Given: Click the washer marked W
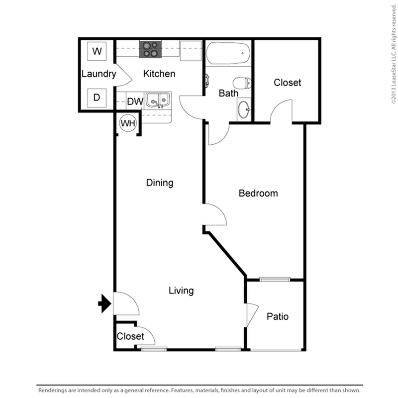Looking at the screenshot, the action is pos(97,51).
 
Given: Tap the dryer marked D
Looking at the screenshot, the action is pos(97,98).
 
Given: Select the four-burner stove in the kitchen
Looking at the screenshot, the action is pos(150,49).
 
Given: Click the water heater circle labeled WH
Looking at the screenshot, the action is pos(128,123).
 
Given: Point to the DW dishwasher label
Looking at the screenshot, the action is pos(135,102).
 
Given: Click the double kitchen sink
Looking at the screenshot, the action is pos(158,100).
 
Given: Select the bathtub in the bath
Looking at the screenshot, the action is pos(228,53).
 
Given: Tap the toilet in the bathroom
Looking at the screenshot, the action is pos(242,83).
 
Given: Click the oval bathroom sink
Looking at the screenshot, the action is pos(244,109).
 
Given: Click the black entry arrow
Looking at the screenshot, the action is pos(104,303).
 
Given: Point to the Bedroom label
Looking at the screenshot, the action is pos(258,194).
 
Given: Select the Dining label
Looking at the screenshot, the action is pos(160,183).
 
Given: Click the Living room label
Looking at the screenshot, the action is pos(181,291).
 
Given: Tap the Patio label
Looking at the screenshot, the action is pos(278,316).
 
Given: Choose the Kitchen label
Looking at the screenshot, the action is pos(159,74).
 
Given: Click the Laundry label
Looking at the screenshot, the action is pos(99,74).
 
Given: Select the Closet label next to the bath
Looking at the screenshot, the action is pos(288,83).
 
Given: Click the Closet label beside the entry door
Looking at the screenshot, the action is pos(130,336).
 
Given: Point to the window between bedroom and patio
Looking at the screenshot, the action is pos(275,280).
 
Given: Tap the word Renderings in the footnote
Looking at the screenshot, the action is pos(53,390).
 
